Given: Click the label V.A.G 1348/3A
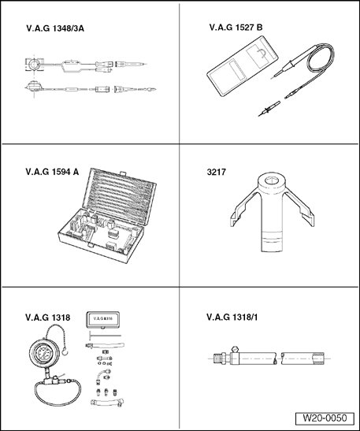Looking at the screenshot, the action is click(x=55, y=28).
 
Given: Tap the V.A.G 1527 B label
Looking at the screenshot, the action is click(x=236, y=28).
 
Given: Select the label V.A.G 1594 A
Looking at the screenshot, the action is click(x=52, y=172).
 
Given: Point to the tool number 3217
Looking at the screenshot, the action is click(x=217, y=172).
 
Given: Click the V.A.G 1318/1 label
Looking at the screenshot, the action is click(x=232, y=318).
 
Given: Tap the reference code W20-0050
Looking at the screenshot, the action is click(x=325, y=418).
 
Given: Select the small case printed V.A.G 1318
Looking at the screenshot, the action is click(x=102, y=319).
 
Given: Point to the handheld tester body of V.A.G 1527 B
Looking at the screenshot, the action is click(x=243, y=66).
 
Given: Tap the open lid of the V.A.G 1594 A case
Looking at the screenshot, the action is click(x=120, y=196).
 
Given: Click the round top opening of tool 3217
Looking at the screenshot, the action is click(x=272, y=180).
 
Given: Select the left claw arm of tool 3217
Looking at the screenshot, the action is click(x=243, y=210).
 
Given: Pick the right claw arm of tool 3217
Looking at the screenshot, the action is click(x=299, y=210).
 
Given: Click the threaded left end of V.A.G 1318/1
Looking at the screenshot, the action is click(x=220, y=359).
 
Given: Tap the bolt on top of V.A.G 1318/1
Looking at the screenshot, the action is click(x=235, y=349).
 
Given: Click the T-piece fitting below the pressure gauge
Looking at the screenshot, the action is click(x=51, y=380).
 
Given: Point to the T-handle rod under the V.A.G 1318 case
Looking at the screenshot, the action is click(x=105, y=336).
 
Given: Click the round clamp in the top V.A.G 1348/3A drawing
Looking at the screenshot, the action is click(x=35, y=65).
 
